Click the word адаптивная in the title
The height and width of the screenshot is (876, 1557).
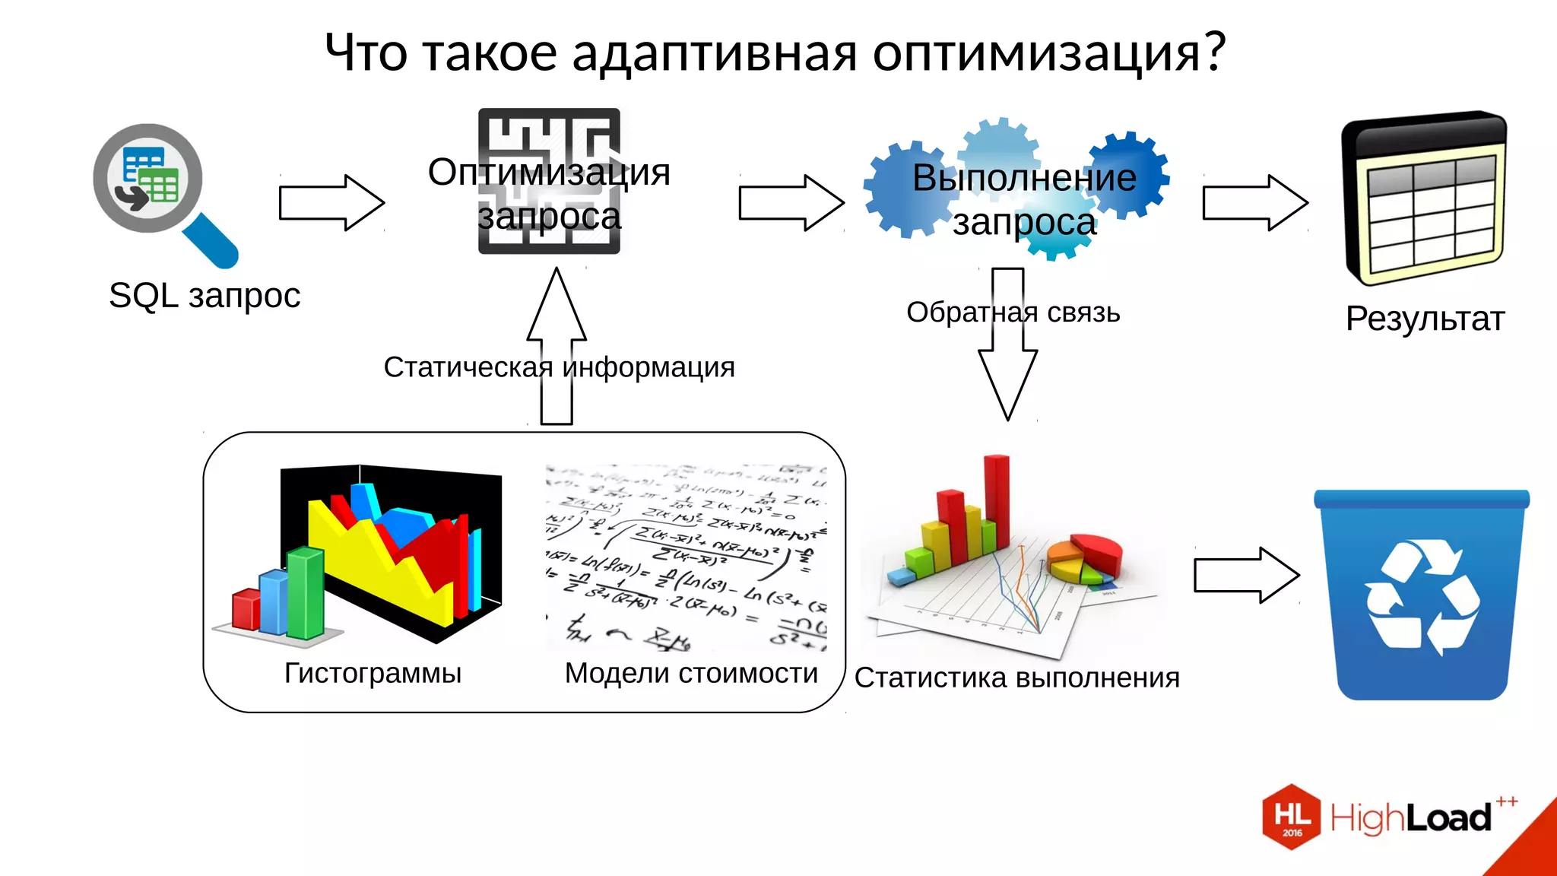coord(714,53)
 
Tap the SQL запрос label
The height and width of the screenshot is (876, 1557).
coord(205,296)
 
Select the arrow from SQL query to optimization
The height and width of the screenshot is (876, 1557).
coord(331,203)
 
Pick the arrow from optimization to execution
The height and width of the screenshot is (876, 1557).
coord(791,203)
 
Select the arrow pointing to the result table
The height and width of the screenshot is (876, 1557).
coord(1254,203)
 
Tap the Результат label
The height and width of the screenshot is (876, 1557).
coord(1425,319)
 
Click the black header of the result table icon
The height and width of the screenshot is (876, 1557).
coord(1423,133)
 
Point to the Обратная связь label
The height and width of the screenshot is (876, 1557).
coord(1013,313)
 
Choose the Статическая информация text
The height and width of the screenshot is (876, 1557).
coord(559,367)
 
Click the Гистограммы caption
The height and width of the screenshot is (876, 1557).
coord(373,673)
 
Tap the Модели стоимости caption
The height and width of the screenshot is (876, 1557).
coord(691,673)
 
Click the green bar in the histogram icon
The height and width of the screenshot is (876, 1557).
coord(306,593)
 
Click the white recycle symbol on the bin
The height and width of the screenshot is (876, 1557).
coord(1422,597)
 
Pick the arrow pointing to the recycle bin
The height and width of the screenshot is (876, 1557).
coord(1246,576)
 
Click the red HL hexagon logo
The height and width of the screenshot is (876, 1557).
coord(1292,817)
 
